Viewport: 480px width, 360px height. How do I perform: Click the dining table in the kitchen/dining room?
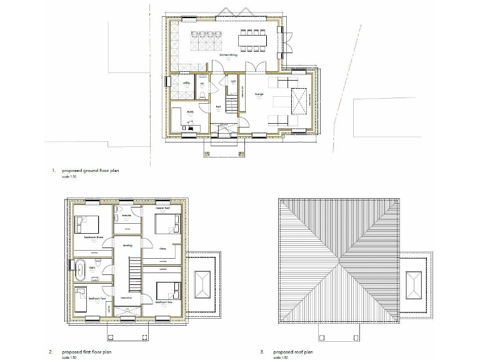[x=252, y=40]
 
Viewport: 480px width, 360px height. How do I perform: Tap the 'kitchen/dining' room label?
[x=227, y=56]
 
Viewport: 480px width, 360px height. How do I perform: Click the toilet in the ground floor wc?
[x=204, y=94]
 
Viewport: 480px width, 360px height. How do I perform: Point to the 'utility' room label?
[x=186, y=82]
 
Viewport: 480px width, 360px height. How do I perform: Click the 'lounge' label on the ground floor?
[x=258, y=94]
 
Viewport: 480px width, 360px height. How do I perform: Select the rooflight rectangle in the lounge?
[x=300, y=101]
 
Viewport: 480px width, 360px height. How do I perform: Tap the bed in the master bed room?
[x=167, y=224]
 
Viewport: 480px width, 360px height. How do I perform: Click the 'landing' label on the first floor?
[x=127, y=245]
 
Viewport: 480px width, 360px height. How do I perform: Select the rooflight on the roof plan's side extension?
[x=414, y=285]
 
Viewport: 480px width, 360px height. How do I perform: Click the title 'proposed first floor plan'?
[x=86, y=352]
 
